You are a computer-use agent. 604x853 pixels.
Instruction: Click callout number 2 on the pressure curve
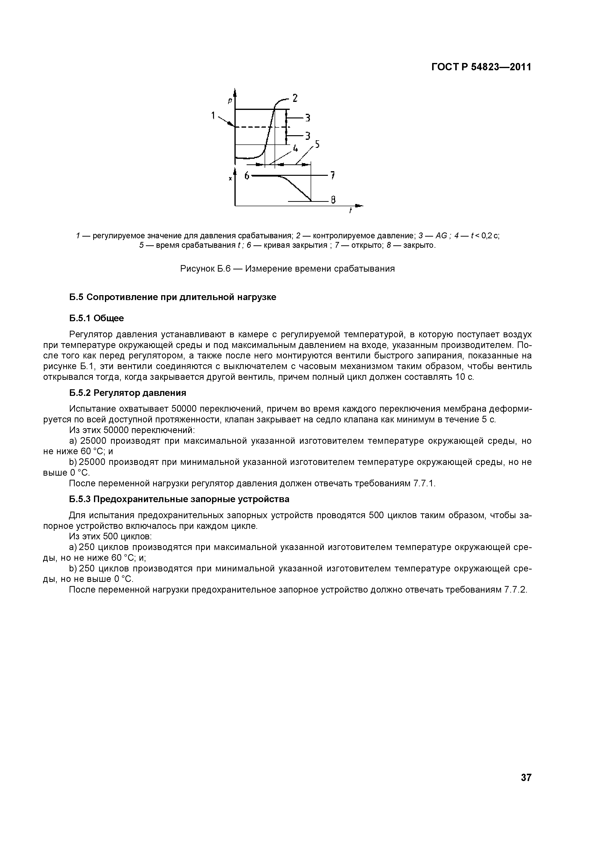295,98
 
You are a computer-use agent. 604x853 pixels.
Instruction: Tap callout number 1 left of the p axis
213,116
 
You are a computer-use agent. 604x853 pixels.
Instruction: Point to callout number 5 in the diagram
317,144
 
